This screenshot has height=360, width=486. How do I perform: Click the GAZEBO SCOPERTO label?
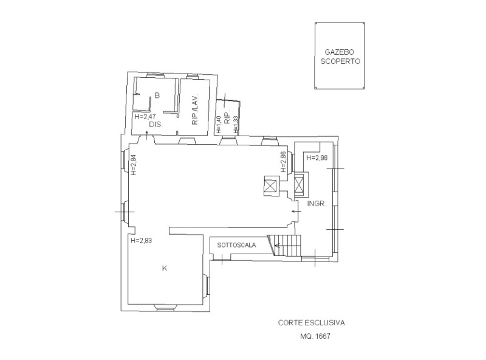point(340,57)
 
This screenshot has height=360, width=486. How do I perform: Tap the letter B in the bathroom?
point(157,95)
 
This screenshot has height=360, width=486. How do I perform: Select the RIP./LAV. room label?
point(195,109)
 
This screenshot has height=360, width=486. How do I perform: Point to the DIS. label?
point(156,125)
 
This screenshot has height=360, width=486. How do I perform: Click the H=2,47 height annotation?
point(145,117)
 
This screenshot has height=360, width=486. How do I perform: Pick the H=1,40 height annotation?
point(219,125)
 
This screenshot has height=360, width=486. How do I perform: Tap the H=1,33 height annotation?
point(236,125)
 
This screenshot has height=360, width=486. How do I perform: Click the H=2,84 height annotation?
point(134,165)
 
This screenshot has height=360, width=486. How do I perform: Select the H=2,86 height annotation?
point(283,162)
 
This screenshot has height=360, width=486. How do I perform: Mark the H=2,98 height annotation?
point(317,157)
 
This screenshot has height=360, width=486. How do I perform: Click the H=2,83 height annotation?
point(142,240)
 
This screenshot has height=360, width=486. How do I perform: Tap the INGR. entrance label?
point(317,204)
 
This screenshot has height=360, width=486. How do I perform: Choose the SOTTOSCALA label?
point(236,245)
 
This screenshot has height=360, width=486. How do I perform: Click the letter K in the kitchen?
point(164,268)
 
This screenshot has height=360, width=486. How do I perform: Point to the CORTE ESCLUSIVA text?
point(311,323)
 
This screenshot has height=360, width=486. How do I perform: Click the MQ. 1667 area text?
point(315,336)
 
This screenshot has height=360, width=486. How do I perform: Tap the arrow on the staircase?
point(278,246)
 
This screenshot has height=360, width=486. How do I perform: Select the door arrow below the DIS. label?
point(146,136)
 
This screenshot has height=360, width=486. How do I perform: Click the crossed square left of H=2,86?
point(272,186)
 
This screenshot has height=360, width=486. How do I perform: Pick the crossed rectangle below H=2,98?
point(299,185)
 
